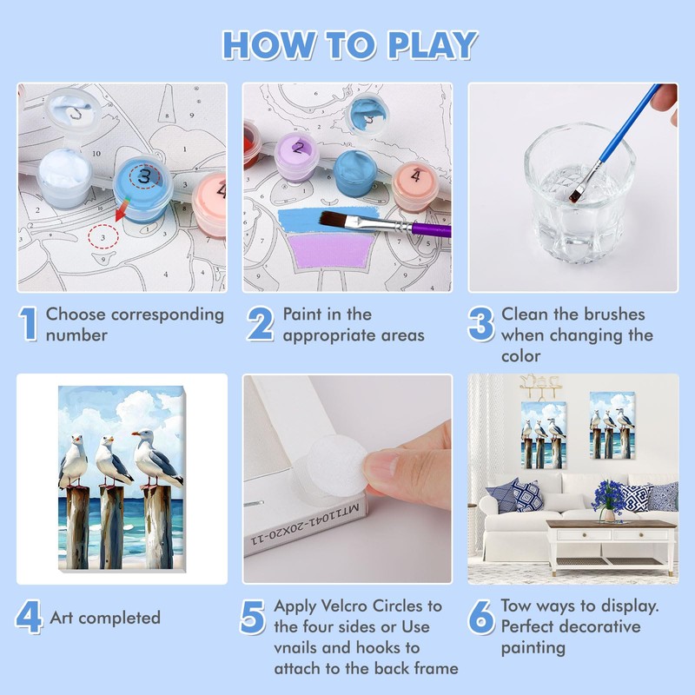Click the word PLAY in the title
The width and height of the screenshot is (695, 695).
(433, 45)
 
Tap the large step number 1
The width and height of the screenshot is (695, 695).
(29, 324)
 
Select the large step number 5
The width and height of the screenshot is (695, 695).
(253, 617)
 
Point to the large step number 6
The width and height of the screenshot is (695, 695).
(481, 617)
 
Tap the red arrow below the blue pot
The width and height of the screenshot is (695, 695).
(122, 209)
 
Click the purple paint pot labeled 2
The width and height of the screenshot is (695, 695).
(296, 157)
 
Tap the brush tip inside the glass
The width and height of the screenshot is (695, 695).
(576, 193)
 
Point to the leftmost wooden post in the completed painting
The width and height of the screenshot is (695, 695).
(77, 527)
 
